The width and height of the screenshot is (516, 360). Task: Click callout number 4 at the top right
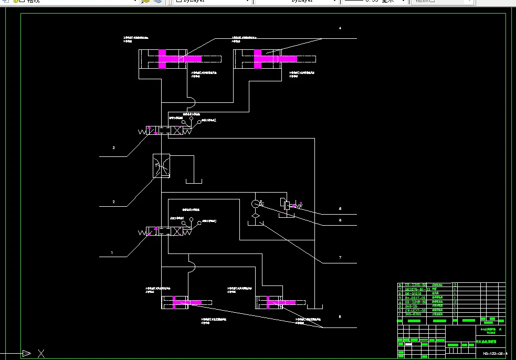pyautogui.click(x=340, y=28)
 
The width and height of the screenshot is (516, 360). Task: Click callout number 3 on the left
pyautogui.click(x=113, y=148)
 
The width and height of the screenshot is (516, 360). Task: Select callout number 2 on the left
pyautogui.click(x=113, y=202)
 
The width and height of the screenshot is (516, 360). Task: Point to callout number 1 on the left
pyautogui.click(x=112, y=252)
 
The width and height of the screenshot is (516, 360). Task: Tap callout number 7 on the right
pyautogui.click(x=340, y=257)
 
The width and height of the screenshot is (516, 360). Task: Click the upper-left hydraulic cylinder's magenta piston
pyautogui.click(x=162, y=59)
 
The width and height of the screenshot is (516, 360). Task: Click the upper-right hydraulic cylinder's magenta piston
pyautogui.click(x=258, y=59)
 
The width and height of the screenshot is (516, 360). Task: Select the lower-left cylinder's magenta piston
pyautogui.click(x=175, y=302)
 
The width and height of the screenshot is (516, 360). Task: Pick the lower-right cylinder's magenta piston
pyautogui.click(x=268, y=303)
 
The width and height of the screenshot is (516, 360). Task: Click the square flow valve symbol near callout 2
pyautogui.click(x=161, y=165)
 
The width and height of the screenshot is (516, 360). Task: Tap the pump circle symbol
pyautogui.click(x=255, y=204)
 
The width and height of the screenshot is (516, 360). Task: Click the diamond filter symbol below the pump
pyautogui.click(x=255, y=215)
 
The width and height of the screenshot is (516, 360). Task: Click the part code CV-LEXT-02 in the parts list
pyautogui.click(x=414, y=310)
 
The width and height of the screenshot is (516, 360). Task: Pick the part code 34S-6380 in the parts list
pyautogui.click(x=413, y=314)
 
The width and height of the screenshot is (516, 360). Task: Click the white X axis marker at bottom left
pyautogui.click(x=41, y=353)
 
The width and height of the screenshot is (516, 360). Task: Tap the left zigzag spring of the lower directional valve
pyautogui.click(x=142, y=232)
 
